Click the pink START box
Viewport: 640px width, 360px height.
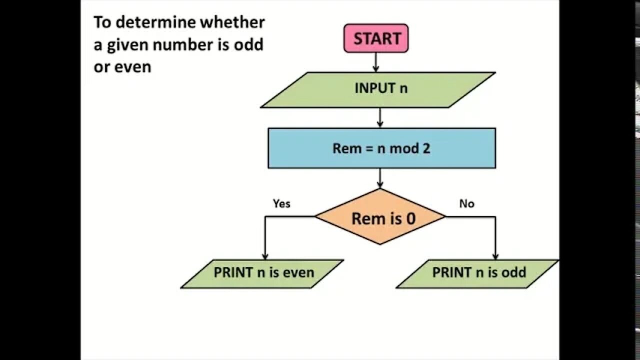click(x=376, y=38)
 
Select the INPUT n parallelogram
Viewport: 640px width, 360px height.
click(x=378, y=89)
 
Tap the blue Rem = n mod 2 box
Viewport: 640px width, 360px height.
click(x=381, y=148)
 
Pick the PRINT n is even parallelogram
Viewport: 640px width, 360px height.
click(x=262, y=273)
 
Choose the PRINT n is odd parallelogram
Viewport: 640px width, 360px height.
click(x=477, y=273)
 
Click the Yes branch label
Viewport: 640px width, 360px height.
click(x=281, y=203)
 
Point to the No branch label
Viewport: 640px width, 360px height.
click(x=466, y=203)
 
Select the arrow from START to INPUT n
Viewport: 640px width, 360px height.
click(x=375, y=62)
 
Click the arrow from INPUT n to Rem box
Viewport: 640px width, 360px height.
click(x=380, y=117)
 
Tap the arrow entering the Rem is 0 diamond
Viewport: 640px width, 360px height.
click(x=380, y=178)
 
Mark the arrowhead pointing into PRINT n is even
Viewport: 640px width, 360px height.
click(x=265, y=255)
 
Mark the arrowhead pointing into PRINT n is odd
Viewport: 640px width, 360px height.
click(x=495, y=255)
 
